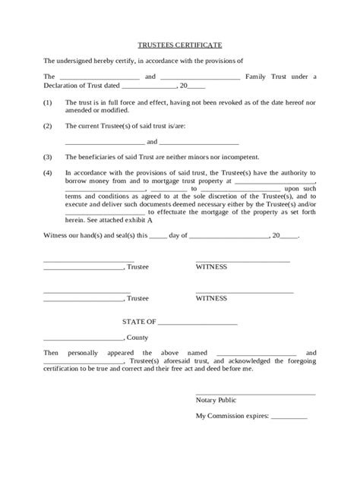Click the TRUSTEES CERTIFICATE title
pos(180,46)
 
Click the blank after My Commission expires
pos(289,416)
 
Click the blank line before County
pos(83,337)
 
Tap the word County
pos(138,337)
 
